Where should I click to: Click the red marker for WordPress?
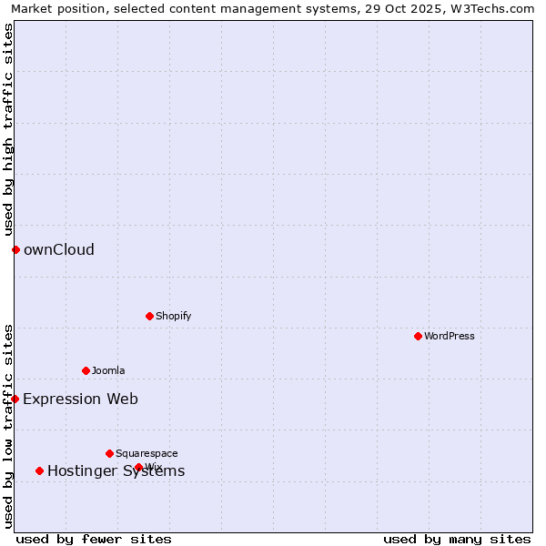(418, 336)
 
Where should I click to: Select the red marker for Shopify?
(149, 316)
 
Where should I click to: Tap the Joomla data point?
(86, 370)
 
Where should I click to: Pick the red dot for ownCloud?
(15, 249)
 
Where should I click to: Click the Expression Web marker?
(15, 399)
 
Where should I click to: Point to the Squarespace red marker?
(109, 453)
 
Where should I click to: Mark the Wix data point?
(138, 467)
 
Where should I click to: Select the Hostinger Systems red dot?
(39, 470)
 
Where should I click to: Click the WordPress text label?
(450, 336)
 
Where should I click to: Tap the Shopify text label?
(173, 316)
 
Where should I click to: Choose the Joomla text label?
(108, 370)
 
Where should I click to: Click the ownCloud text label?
(59, 250)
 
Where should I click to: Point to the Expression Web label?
(80, 399)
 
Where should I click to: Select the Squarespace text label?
(147, 453)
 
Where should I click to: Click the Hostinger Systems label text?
(116, 470)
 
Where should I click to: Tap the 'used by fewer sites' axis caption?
(94, 539)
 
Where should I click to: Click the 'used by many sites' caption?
(457, 539)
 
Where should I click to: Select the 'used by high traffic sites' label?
(8, 129)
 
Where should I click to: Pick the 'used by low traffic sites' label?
(8, 426)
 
